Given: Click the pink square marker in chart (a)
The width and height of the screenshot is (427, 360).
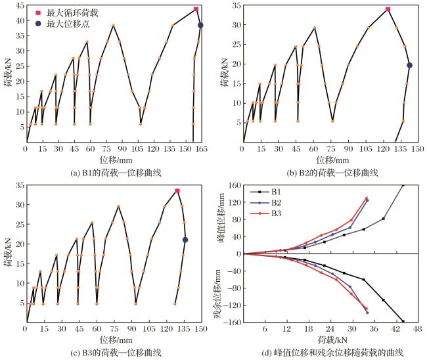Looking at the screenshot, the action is tap(196, 9).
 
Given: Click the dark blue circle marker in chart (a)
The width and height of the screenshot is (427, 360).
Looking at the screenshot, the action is tap(200, 25).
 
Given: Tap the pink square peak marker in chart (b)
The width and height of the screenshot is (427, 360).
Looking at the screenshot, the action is tap(388, 9).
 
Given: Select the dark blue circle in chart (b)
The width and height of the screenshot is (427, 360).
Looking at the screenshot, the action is tap(409, 65).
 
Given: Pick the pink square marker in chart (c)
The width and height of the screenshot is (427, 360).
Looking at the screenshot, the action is tap(177, 191).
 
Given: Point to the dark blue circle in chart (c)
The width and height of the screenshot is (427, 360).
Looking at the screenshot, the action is tap(185, 240).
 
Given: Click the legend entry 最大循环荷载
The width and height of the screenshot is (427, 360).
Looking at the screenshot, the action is tap(67, 12).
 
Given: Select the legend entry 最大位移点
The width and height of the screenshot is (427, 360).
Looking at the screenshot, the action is tap(62, 24).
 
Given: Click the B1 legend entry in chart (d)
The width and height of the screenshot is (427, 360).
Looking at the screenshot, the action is tap(265, 192).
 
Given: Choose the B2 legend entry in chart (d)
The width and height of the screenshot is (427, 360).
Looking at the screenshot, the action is tap(265, 202).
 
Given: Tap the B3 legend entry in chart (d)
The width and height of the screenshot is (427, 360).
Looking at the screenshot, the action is tap(265, 214).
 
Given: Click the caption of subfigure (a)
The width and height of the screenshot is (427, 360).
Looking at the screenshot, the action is tap(116, 173).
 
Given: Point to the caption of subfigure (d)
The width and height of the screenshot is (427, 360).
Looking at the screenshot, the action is tap(332, 353).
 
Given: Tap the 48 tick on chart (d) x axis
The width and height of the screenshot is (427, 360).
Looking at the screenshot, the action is tap(417, 328).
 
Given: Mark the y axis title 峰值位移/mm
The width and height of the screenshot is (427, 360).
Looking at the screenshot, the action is tap(221, 217).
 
